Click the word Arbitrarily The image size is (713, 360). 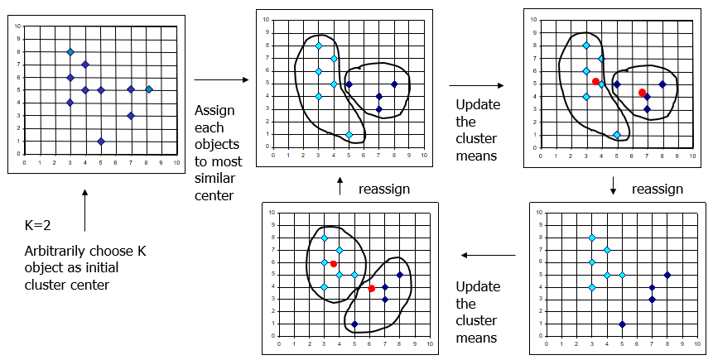pos(58,252)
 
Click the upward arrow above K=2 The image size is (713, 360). pos(85,211)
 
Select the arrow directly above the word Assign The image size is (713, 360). pos(222,79)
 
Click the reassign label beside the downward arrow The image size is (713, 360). pos(657,190)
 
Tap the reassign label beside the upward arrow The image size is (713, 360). pos(383,190)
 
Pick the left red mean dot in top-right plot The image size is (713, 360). pos(595,81)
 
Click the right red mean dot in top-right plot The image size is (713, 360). pos(642,93)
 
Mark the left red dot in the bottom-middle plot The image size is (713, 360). pos(333,264)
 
